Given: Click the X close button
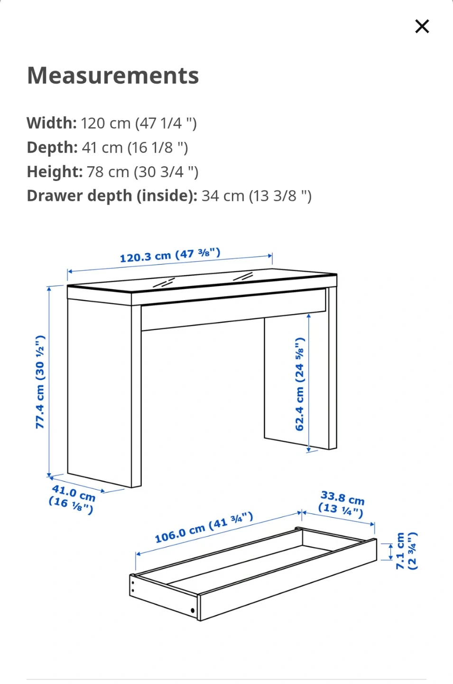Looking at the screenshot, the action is [x=422, y=26].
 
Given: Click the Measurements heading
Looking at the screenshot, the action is [x=113, y=76].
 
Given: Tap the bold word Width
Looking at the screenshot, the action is [x=52, y=123].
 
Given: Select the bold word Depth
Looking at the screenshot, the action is [x=52, y=147].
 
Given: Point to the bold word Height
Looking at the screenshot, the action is [x=55, y=171].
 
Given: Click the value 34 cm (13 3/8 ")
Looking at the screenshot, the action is [x=257, y=196].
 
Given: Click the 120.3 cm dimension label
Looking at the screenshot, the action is [x=170, y=256].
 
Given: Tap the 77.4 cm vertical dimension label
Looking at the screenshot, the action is [x=40, y=382].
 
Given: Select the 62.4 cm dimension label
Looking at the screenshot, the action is [x=300, y=384].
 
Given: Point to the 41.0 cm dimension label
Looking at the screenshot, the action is [x=73, y=499].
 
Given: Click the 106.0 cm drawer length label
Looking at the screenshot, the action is [x=203, y=528].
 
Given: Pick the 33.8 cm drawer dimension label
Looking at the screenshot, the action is [x=342, y=504].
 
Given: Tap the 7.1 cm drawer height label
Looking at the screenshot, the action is [x=407, y=551].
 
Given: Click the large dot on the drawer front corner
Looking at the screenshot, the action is [x=193, y=610].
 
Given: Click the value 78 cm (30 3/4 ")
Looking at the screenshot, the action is [x=143, y=172].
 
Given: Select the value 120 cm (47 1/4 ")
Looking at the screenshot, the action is [x=139, y=123].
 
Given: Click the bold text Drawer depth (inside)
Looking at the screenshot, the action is [x=112, y=196].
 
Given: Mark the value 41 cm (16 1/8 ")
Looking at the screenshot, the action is [x=135, y=148].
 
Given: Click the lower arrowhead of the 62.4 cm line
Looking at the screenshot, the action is [x=308, y=449].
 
